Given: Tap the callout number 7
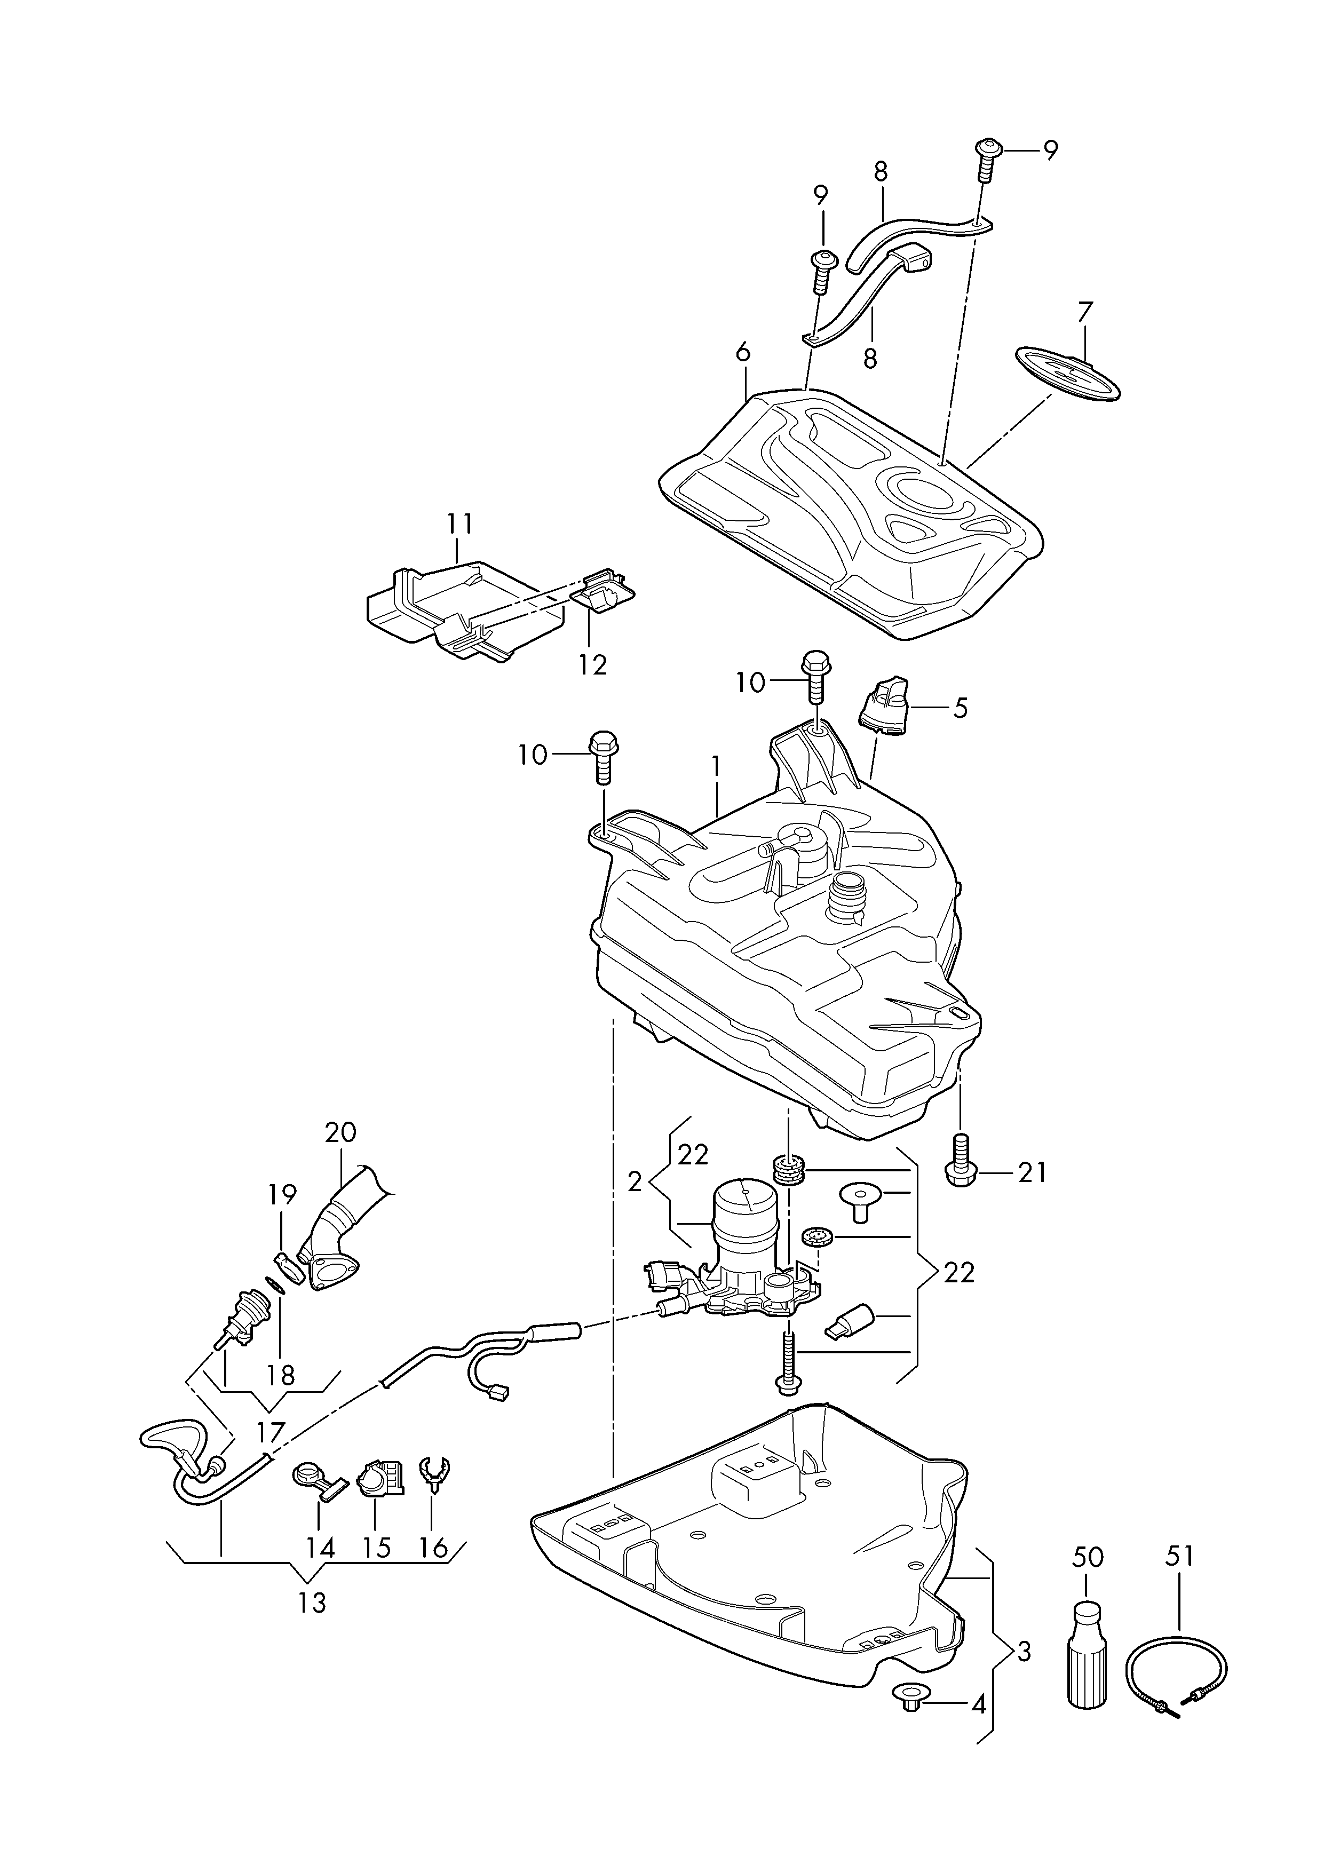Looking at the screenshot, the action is [1084, 313].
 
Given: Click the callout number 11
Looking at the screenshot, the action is [459, 523].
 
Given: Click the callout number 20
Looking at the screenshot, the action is [341, 1132].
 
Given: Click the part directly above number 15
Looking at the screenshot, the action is [380, 1478].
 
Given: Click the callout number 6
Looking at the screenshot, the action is [742, 353].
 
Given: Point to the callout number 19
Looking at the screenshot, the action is [282, 1194].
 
